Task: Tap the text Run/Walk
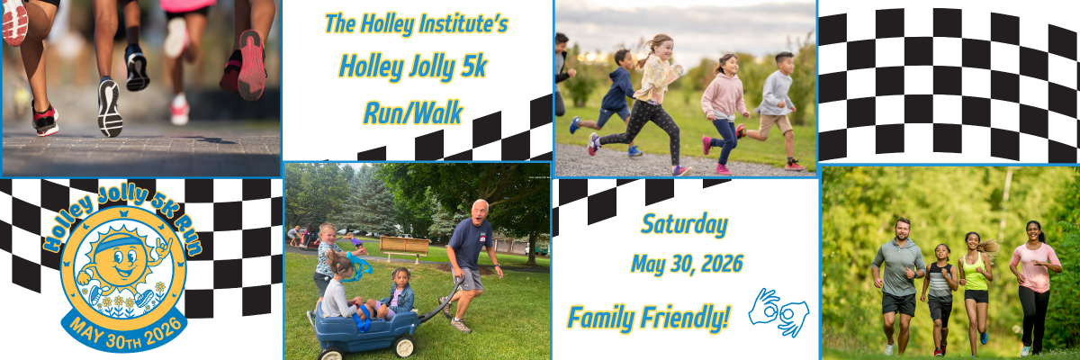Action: pyautogui.click(x=413, y=113)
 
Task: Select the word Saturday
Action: pyautogui.click(x=685, y=225)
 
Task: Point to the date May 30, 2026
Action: pyautogui.click(x=687, y=264)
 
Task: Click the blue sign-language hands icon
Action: pyautogui.click(x=778, y=311)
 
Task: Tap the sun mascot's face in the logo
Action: pyautogui.click(x=119, y=262)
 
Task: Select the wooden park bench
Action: pyautogui.click(x=404, y=247)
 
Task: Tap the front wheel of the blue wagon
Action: pyautogui.click(x=404, y=346)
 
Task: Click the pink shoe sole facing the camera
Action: pyautogui.click(x=252, y=65)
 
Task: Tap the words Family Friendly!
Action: pyautogui.click(x=647, y=318)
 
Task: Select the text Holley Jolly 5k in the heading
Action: pyautogui.click(x=413, y=67)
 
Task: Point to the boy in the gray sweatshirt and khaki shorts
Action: pyautogui.click(x=771, y=111)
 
